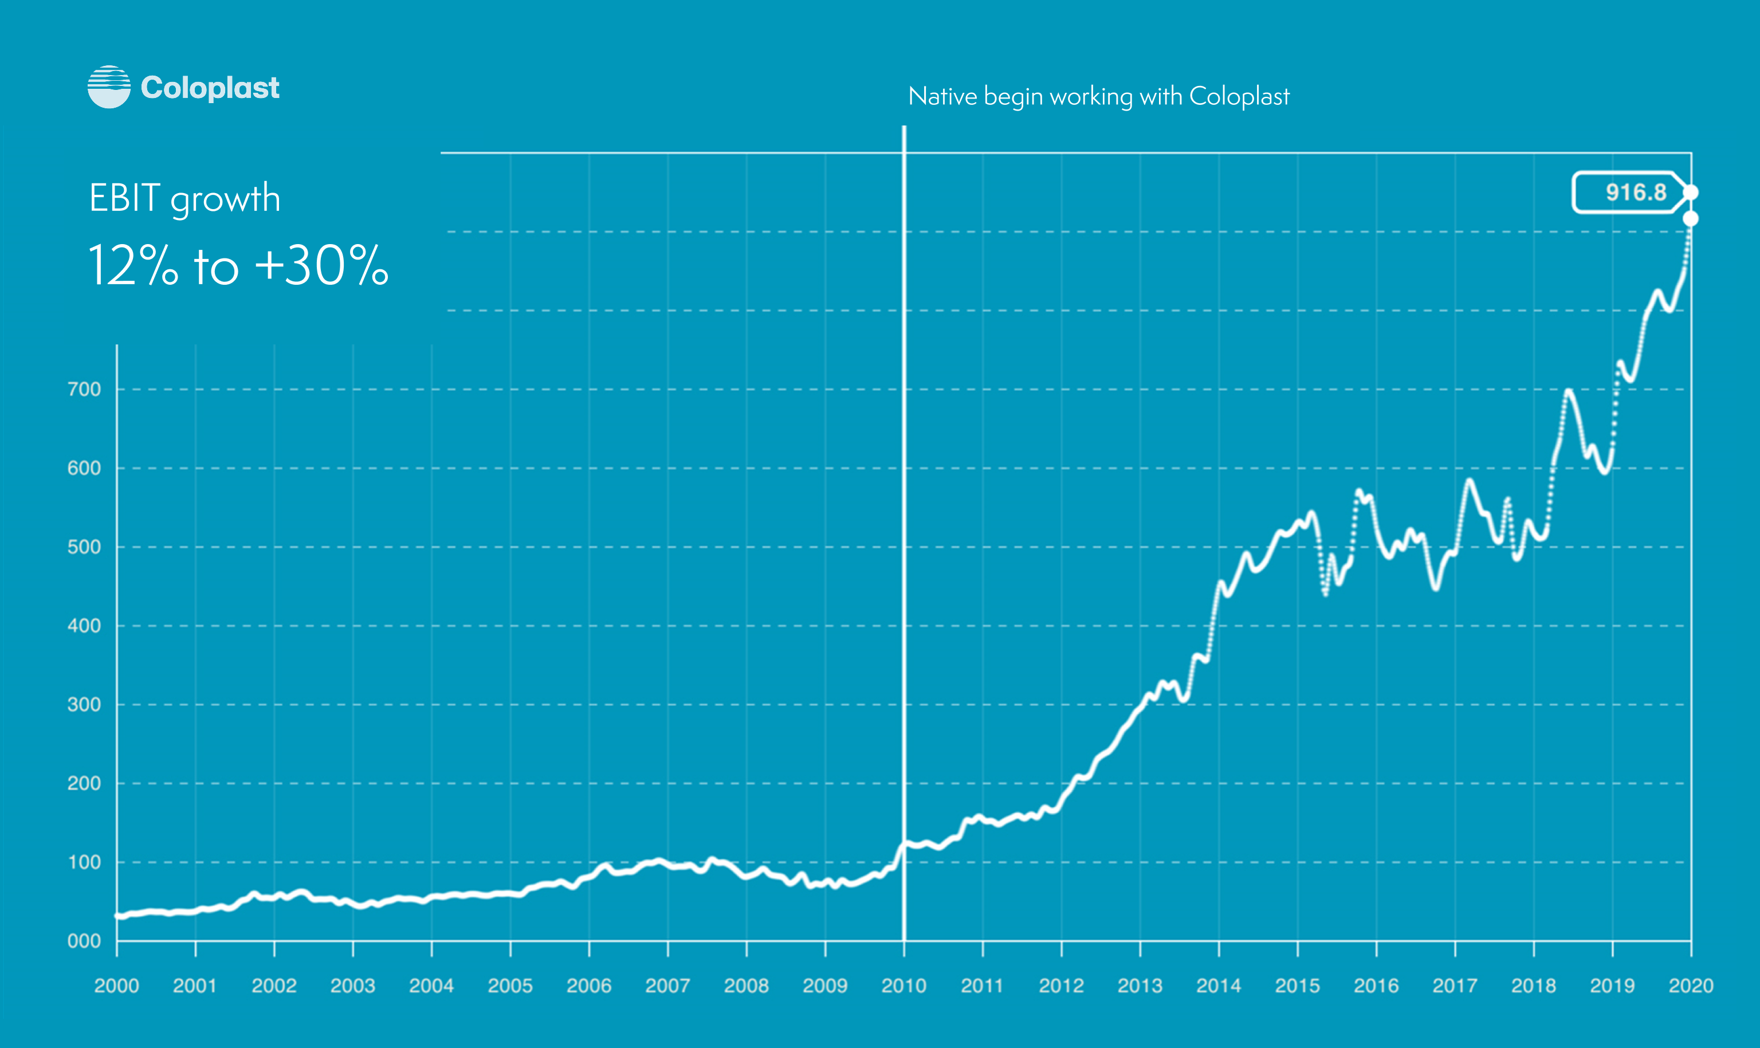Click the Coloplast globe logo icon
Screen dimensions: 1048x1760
tap(109, 87)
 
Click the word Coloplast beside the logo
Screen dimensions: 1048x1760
tap(210, 88)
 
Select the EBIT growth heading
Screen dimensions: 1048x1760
tap(185, 198)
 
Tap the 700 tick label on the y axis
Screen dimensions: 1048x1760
tap(84, 389)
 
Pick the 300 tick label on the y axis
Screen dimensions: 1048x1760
tap(84, 704)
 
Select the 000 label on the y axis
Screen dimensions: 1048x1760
tap(84, 941)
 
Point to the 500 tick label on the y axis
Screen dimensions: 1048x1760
tap(84, 547)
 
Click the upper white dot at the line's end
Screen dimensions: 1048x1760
tap(1690, 193)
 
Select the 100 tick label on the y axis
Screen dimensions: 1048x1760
tap(84, 862)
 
